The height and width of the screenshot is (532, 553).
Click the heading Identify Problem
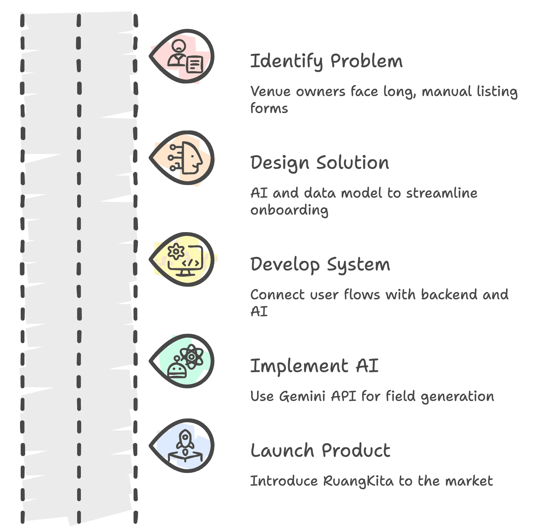(326, 61)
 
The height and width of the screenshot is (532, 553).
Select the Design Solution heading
(320, 162)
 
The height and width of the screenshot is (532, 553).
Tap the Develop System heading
(320, 264)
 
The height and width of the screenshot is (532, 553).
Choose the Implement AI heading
(314, 366)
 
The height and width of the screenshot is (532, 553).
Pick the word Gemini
(303, 396)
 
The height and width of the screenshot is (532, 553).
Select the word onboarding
(289, 210)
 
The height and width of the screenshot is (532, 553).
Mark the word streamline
(442, 193)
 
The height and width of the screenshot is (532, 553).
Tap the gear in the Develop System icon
(176, 251)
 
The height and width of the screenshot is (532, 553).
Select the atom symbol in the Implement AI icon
(192, 357)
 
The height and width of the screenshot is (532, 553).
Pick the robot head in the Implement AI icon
(177, 369)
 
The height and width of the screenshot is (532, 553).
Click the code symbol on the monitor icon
(191, 263)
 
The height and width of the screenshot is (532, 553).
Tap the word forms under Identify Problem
(269, 108)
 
